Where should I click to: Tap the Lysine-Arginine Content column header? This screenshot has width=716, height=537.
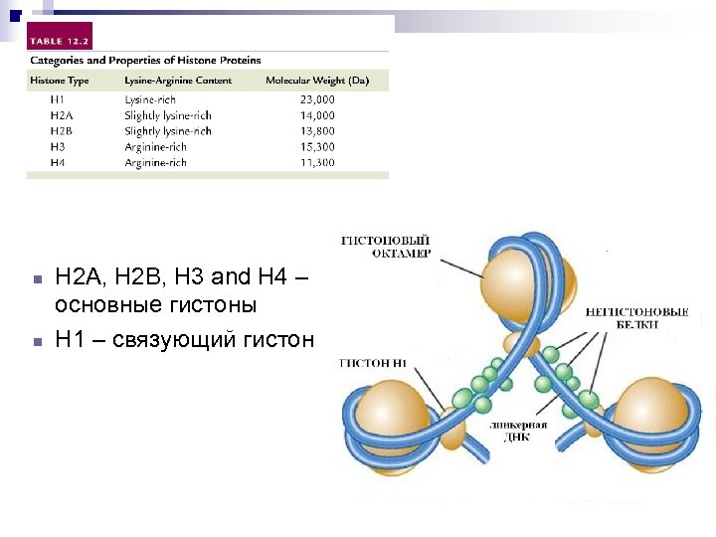pyautogui.click(x=178, y=81)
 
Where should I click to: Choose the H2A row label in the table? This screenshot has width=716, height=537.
pyautogui.click(x=62, y=115)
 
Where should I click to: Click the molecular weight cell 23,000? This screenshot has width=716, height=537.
pyautogui.click(x=317, y=99)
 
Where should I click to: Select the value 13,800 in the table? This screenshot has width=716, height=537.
pyautogui.click(x=317, y=131)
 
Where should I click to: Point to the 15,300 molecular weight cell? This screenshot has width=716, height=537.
pyautogui.click(x=317, y=147)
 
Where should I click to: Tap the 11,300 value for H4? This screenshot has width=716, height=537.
pyautogui.click(x=317, y=163)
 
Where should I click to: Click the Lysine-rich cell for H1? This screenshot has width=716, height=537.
pyautogui.click(x=149, y=99)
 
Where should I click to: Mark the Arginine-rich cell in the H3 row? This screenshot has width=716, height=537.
pyautogui.click(x=156, y=147)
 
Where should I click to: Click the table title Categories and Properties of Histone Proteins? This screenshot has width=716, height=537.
pyautogui.click(x=143, y=61)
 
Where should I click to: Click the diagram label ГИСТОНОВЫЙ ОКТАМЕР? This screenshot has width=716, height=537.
pyautogui.click(x=387, y=247)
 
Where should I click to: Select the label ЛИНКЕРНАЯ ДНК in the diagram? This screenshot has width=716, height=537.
pyautogui.click(x=518, y=430)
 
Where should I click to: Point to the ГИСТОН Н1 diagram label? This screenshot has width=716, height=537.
pyautogui.click(x=373, y=363)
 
